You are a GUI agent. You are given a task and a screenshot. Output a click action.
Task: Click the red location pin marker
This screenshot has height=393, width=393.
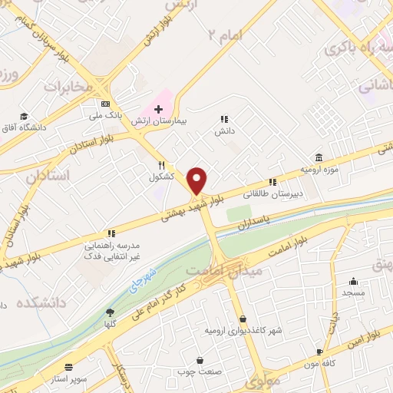point(197,180)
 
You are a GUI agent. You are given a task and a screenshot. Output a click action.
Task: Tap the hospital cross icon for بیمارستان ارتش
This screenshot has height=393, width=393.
point(158,110)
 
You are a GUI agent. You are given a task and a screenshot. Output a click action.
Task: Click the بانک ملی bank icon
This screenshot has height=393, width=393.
point(105,104)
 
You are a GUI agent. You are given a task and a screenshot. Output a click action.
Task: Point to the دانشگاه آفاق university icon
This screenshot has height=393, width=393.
point(25,115)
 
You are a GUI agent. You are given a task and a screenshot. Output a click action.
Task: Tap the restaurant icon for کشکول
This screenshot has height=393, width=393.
point(161,165)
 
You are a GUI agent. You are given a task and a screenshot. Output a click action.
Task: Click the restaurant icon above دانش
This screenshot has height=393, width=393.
point(224,119)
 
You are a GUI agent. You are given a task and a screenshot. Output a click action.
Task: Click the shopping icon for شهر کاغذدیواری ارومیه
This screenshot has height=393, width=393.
point(243,319)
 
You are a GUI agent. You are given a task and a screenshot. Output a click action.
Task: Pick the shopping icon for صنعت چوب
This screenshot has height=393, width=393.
point(200,360)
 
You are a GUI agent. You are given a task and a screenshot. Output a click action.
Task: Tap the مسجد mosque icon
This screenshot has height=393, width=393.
point(353,281)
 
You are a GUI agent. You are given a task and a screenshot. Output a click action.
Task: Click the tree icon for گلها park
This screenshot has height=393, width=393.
point(109,312)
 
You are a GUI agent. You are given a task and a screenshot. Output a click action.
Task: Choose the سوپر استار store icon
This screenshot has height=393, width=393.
point(70,367)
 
